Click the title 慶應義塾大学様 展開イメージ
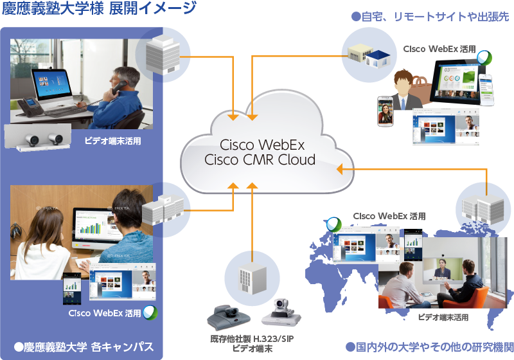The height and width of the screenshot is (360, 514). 100,9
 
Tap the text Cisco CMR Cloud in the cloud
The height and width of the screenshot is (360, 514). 259,159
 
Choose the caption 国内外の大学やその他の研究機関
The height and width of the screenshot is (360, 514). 429,346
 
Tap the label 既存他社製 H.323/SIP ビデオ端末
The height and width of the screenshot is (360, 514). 252,343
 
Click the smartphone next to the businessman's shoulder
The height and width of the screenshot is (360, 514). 385,110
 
